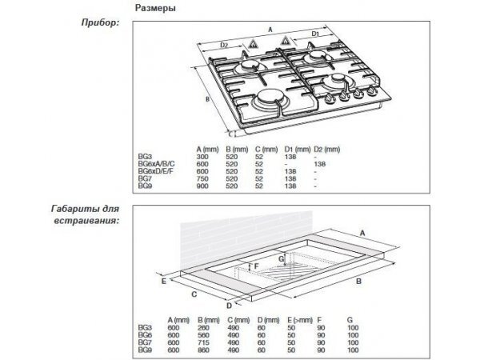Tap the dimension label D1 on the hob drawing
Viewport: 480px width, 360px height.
pos(316,36)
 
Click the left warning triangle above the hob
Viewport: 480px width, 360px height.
pos(254,38)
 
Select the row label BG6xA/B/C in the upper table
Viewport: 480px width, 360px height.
pos(155,164)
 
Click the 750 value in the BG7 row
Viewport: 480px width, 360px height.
pos(202,178)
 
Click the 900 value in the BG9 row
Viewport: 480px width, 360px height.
pos(202,186)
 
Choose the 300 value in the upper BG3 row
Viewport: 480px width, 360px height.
pos(202,157)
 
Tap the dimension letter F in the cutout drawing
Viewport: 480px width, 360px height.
pos(256,265)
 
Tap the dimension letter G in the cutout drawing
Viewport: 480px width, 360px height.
pos(280,259)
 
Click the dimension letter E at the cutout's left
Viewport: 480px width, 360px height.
pos(162,282)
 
